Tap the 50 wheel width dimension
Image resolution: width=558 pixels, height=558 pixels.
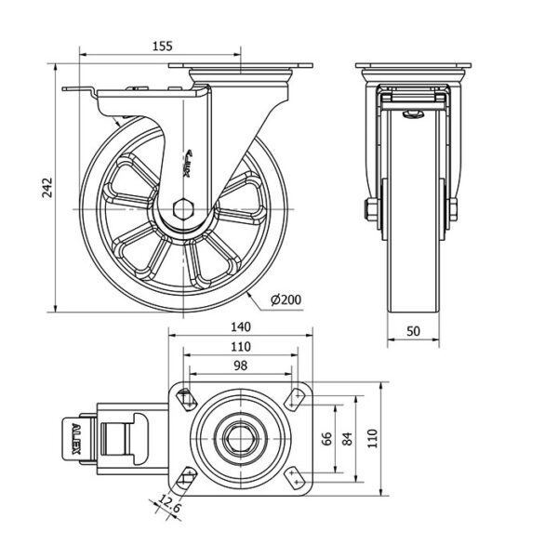(x=413, y=330)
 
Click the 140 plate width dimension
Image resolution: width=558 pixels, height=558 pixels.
(x=241, y=326)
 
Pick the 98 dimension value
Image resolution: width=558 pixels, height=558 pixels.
(x=241, y=366)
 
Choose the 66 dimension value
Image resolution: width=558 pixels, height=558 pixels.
(x=326, y=439)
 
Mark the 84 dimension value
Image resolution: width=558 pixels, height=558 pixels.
(x=346, y=439)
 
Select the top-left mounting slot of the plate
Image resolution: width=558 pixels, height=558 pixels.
(x=186, y=399)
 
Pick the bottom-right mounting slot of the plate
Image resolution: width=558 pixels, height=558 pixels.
(x=296, y=479)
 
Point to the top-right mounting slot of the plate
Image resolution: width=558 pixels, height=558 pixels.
(x=296, y=399)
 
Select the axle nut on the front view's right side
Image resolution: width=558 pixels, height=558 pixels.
(x=453, y=211)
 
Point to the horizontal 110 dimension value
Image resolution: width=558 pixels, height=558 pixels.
(x=241, y=347)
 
